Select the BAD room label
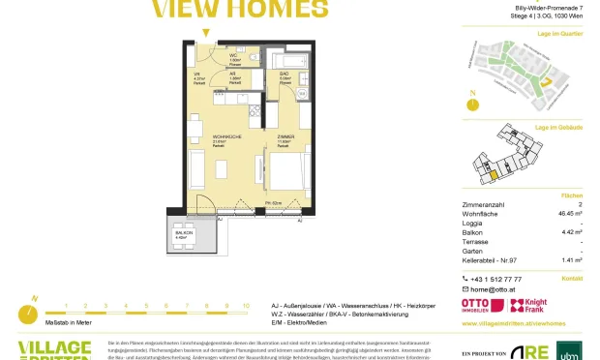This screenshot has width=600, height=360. point(285,74)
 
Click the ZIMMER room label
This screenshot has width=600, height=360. point(285,138)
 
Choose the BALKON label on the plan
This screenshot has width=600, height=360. point(181,232)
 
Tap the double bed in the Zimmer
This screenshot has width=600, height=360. point(288,175)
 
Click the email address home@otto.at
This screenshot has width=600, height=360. point(496,289)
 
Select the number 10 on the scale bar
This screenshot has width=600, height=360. point(246,305)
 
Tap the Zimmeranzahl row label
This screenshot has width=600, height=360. point(487,204)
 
